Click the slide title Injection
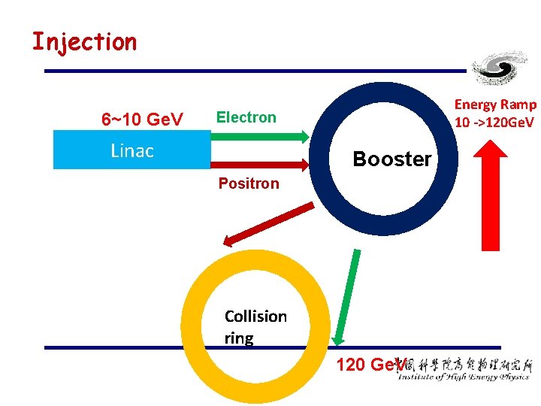(84, 41)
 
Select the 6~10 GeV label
(142, 120)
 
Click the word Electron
(246, 117)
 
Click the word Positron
(248, 183)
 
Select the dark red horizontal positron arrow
(259, 162)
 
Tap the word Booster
(391, 159)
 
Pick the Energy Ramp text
(495, 105)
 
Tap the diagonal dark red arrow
(268, 223)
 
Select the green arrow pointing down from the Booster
(347, 297)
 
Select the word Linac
(131, 150)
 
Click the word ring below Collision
(238, 338)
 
